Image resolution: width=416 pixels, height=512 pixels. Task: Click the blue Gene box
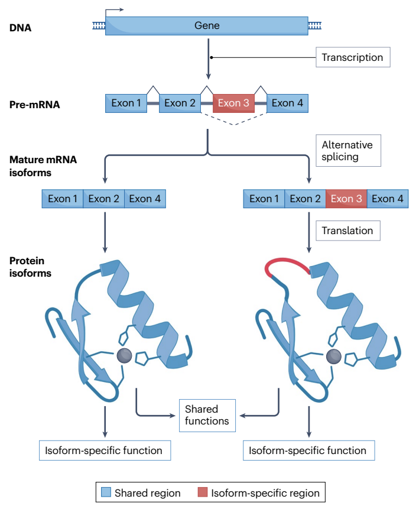(207, 26)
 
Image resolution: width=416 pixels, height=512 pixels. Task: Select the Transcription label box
(353, 57)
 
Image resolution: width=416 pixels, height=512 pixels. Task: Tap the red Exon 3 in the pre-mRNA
(233, 103)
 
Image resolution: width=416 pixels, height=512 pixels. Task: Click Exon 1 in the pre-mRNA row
(126, 103)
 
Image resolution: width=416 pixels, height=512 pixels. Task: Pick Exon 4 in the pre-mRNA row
(287, 103)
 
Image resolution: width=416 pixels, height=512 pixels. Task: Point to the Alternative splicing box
(348, 151)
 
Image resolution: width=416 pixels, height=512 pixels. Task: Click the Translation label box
(348, 231)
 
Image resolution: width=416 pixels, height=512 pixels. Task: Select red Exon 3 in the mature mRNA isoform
(346, 199)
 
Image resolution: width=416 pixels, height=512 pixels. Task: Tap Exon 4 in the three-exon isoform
(145, 199)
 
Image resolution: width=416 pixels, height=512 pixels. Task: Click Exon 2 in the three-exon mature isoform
(104, 199)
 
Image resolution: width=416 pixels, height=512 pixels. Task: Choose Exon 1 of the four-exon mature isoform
(264, 199)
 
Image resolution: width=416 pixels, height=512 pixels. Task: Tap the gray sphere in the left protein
(124, 355)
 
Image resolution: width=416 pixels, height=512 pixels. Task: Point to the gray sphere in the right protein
(333, 357)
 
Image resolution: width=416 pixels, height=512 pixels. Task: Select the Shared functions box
(207, 416)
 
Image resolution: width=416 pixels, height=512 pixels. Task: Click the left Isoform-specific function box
(105, 451)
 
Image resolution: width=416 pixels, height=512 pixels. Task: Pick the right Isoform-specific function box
(308, 451)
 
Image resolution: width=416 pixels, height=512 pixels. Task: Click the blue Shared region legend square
(106, 492)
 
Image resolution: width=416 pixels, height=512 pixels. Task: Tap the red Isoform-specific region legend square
(203, 492)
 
